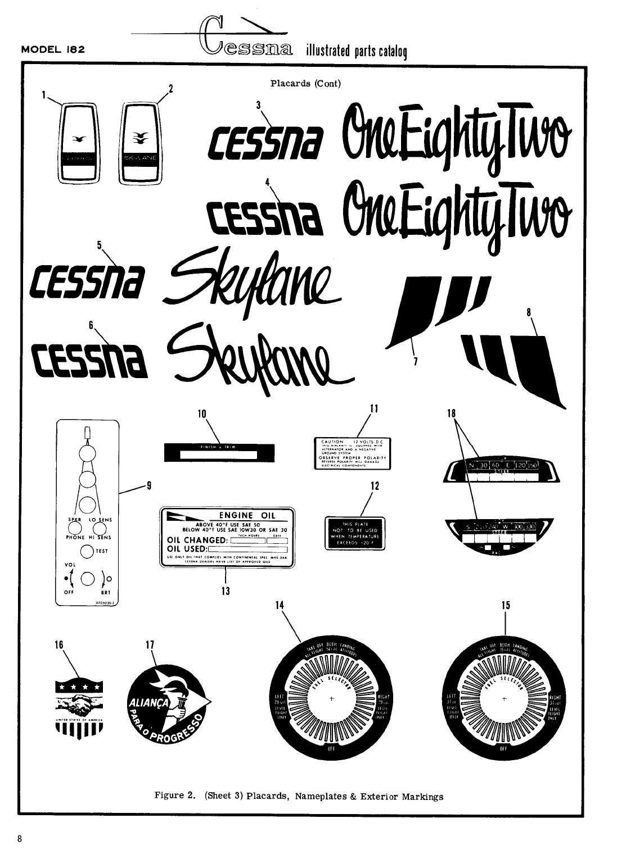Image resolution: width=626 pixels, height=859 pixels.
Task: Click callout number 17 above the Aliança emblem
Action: pos(149,645)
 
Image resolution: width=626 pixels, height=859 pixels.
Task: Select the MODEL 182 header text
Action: pos(53,49)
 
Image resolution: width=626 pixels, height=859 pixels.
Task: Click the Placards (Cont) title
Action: pos(305,84)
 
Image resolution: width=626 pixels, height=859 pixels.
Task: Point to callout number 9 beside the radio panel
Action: pos(148,486)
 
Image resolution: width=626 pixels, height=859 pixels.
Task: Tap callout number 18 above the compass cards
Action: pos(451,413)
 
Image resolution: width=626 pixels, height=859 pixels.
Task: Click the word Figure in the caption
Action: pos(167,796)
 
